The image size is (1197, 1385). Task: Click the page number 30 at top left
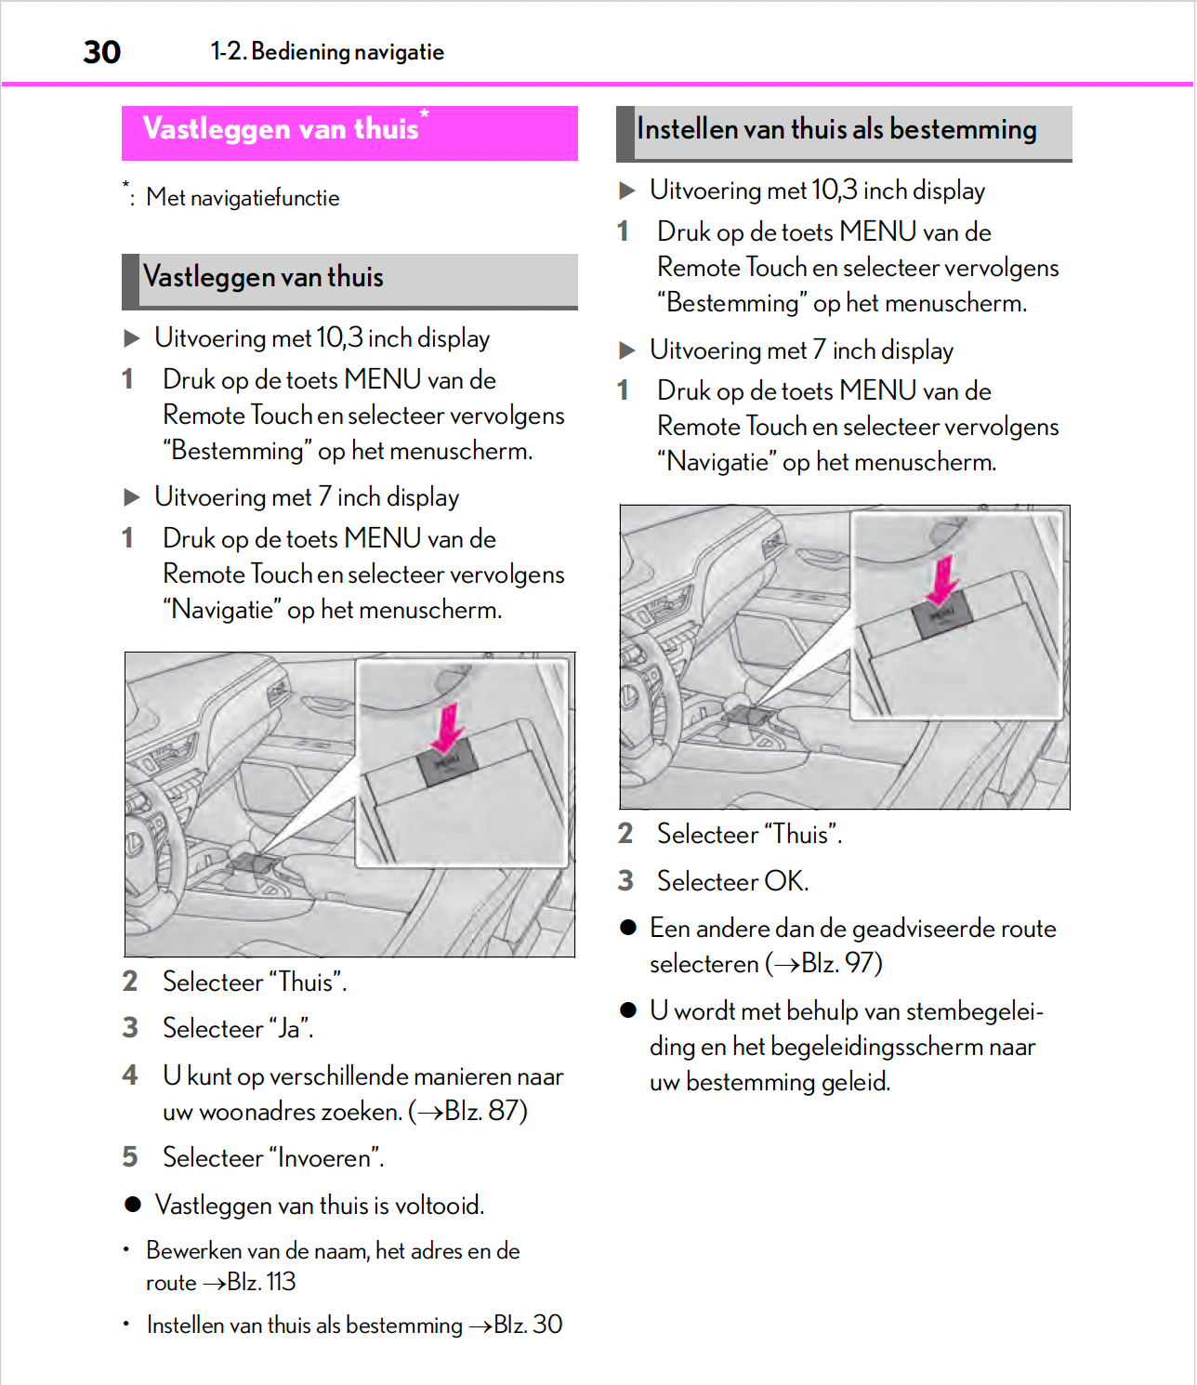tap(102, 52)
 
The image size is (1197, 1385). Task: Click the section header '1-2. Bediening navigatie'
tap(327, 52)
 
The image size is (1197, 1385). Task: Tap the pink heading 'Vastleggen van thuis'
tap(281, 129)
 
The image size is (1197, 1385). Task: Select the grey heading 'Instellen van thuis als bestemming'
tap(836, 130)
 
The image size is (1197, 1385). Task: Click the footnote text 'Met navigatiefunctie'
tap(243, 198)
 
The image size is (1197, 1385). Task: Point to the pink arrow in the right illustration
tap(943, 579)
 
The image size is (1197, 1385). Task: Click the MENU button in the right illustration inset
tap(942, 615)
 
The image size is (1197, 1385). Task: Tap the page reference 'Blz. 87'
tap(484, 1111)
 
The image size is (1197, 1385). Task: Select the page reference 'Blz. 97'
tap(839, 964)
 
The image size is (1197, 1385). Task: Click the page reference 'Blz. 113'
tap(261, 1282)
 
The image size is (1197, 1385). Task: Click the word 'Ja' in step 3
tap(289, 1029)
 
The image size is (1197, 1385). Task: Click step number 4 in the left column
tap(130, 1075)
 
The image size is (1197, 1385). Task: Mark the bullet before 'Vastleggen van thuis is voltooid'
tap(133, 1205)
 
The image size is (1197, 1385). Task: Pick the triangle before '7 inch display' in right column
tap(627, 350)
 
